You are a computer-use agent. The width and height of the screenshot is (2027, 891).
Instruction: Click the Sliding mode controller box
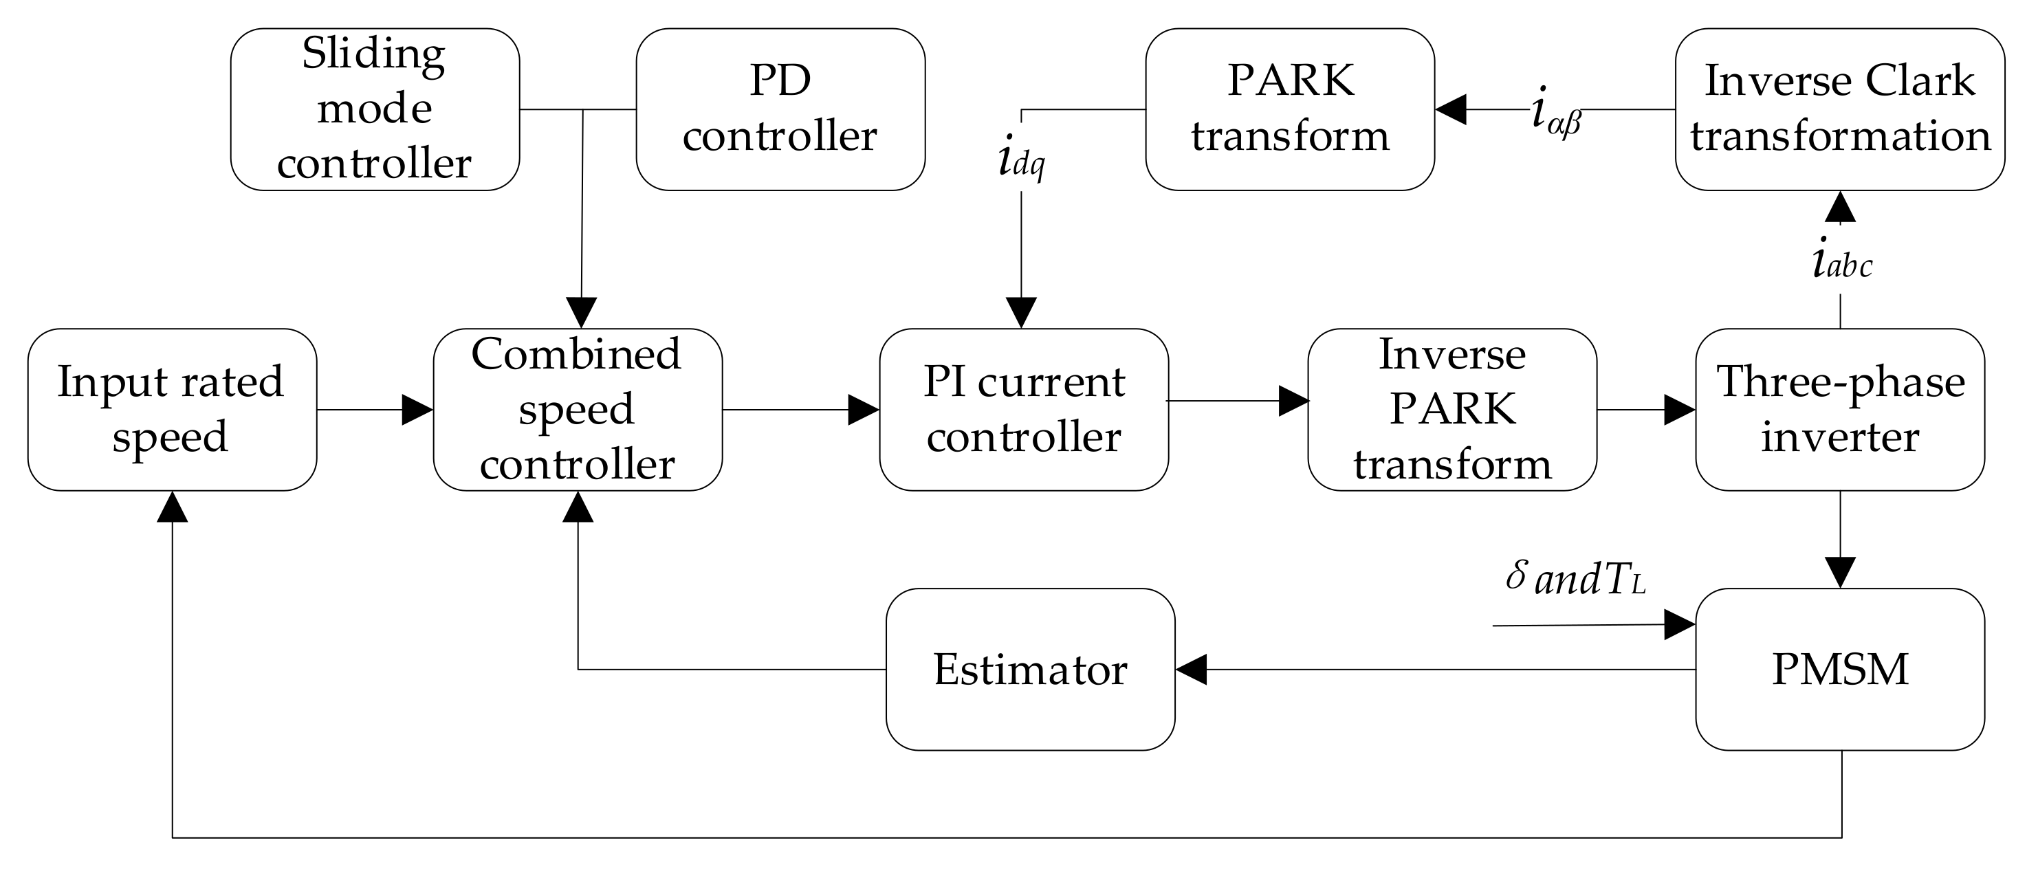point(375,109)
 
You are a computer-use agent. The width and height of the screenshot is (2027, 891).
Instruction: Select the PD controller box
point(780,109)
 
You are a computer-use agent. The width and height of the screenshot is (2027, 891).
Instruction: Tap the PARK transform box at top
point(1289,109)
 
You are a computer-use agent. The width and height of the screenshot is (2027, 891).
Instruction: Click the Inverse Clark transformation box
point(1840,109)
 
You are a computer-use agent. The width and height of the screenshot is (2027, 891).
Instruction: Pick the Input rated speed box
point(171,409)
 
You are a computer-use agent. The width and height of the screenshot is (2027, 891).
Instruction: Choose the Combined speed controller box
point(577,409)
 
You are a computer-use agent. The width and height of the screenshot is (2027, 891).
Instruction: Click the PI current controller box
point(1023,409)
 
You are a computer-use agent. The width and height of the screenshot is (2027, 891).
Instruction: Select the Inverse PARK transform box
point(1451,409)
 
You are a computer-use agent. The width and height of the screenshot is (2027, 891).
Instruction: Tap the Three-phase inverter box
point(1840,409)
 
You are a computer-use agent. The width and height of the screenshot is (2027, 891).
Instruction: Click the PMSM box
point(1840,669)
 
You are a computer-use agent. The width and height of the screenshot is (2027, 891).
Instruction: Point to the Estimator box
point(1030,669)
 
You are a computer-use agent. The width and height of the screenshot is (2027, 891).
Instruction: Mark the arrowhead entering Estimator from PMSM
point(1192,669)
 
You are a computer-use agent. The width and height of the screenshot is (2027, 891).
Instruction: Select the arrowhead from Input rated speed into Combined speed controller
point(417,409)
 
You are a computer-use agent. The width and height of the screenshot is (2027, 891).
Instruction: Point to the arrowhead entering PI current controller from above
point(1021,313)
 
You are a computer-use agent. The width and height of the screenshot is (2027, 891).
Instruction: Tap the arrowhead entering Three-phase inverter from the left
point(1679,409)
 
